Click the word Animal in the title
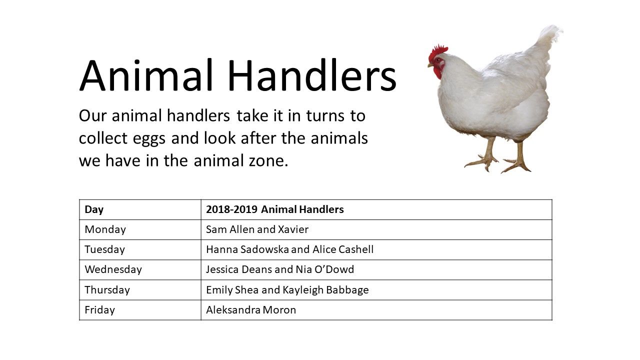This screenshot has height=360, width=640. pyautogui.click(x=145, y=75)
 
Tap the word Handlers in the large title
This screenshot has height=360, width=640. pyautogui.click(x=312, y=75)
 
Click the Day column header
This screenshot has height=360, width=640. pyautogui.click(x=94, y=209)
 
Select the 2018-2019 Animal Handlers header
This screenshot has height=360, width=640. pyautogui.click(x=275, y=209)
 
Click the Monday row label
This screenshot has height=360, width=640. pyautogui.click(x=105, y=229)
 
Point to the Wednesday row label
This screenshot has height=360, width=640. pyautogui.click(x=113, y=269)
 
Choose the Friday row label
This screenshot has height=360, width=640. pyautogui.click(x=99, y=310)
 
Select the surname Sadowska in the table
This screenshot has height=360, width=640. pyautogui.click(x=264, y=249)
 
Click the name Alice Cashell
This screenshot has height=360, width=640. pyautogui.click(x=343, y=249)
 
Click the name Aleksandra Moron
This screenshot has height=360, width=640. pyautogui.click(x=251, y=310)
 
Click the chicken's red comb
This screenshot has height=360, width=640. pyautogui.click(x=437, y=52)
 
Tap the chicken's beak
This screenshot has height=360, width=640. pyautogui.click(x=430, y=65)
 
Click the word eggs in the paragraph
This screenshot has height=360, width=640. pyautogui.click(x=149, y=139)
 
